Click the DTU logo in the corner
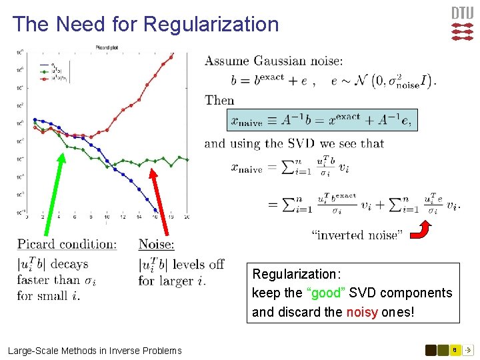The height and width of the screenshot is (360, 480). click(x=462, y=24)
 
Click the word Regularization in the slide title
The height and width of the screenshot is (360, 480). click(x=211, y=25)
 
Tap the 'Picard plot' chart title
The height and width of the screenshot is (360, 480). click(x=107, y=47)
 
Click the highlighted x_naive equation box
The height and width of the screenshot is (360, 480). click(x=321, y=120)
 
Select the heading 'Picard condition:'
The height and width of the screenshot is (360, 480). click(x=67, y=245)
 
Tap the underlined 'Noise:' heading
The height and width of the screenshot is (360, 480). click(x=156, y=245)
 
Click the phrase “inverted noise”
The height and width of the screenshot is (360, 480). click(x=357, y=235)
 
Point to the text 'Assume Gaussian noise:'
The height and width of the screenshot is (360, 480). click(x=274, y=61)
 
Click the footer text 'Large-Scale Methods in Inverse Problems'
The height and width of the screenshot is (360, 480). click(x=95, y=351)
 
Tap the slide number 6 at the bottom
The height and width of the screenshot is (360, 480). click(x=454, y=349)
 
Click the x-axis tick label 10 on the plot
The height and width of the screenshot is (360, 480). click(x=107, y=217)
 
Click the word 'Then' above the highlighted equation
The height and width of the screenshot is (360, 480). click(x=219, y=101)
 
